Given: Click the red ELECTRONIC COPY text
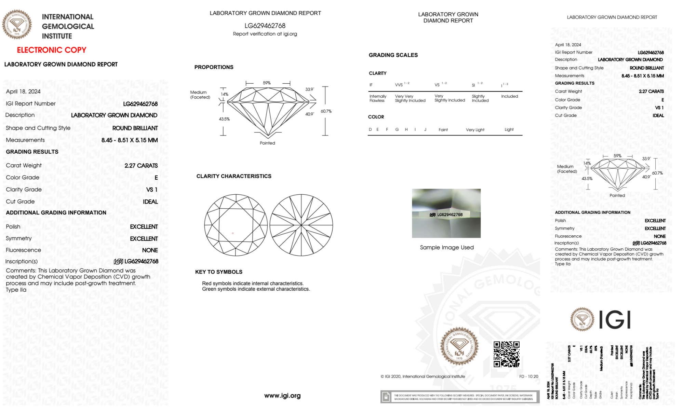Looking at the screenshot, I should click(x=52, y=50).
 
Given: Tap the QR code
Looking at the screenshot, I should click(x=506, y=354).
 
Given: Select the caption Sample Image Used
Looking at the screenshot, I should click(x=446, y=247).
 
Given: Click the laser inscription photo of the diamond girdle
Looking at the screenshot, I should click(x=446, y=213).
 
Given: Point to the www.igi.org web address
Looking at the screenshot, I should click(x=282, y=396).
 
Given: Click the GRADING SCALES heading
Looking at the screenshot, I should click(x=393, y=55).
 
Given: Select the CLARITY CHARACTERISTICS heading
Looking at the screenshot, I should click(x=234, y=176).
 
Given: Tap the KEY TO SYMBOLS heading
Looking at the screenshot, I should click(x=219, y=272).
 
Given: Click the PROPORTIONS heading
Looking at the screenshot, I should click(x=214, y=67).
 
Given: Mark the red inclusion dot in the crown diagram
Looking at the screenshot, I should click(x=233, y=233).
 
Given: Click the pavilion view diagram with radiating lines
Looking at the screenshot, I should click(x=301, y=225).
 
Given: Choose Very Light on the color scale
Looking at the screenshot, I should click(x=475, y=130).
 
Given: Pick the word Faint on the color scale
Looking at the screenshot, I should click(x=443, y=130).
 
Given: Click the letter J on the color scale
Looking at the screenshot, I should click(x=425, y=129).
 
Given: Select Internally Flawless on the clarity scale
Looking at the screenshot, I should click(x=378, y=98).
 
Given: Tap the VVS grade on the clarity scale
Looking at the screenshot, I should click(x=399, y=85).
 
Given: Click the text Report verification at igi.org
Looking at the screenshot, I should click(x=265, y=34).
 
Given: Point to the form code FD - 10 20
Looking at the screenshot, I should click(x=528, y=376).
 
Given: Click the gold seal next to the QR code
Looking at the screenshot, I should click(x=459, y=346).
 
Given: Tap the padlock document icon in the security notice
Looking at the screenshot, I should click(x=386, y=397).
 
